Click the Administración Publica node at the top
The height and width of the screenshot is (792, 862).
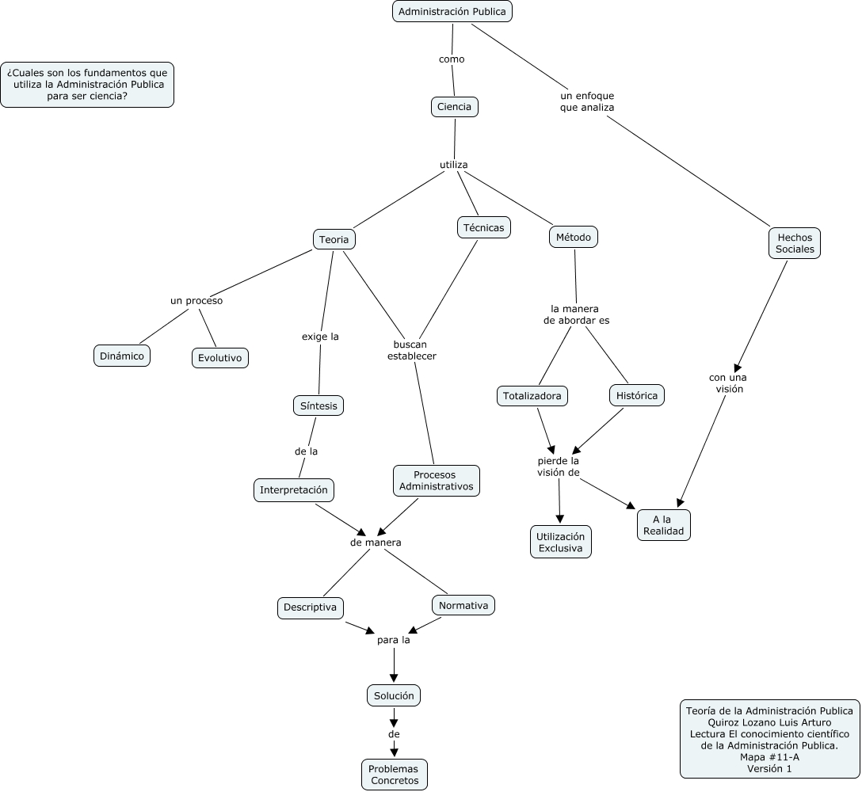pos(452,12)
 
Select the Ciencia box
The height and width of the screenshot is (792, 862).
pos(455,107)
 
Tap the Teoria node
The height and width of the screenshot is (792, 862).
pos(334,239)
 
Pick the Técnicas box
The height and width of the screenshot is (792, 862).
pos(483,227)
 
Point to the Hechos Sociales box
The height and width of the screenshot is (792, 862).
pos(795,243)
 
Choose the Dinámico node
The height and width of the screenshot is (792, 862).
pos(122,356)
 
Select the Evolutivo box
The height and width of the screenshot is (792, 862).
pos(220,358)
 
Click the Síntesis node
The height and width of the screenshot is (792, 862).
pos(318,406)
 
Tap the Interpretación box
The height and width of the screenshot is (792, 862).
pos(293,490)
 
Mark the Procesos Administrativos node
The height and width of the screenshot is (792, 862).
pos(436,481)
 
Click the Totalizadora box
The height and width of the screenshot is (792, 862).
pos(532,395)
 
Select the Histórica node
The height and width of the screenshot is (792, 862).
pos(637,395)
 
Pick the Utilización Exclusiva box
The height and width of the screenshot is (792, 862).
pos(560,543)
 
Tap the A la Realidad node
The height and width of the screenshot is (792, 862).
pos(663,525)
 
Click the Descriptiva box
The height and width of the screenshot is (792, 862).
pos(311,607)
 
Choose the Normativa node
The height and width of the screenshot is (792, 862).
pos(463,605)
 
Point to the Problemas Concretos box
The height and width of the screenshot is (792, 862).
pos(394,775)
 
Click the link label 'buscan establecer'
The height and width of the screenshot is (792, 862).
pos(412,350)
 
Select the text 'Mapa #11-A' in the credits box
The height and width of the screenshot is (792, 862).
pos(769,756)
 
